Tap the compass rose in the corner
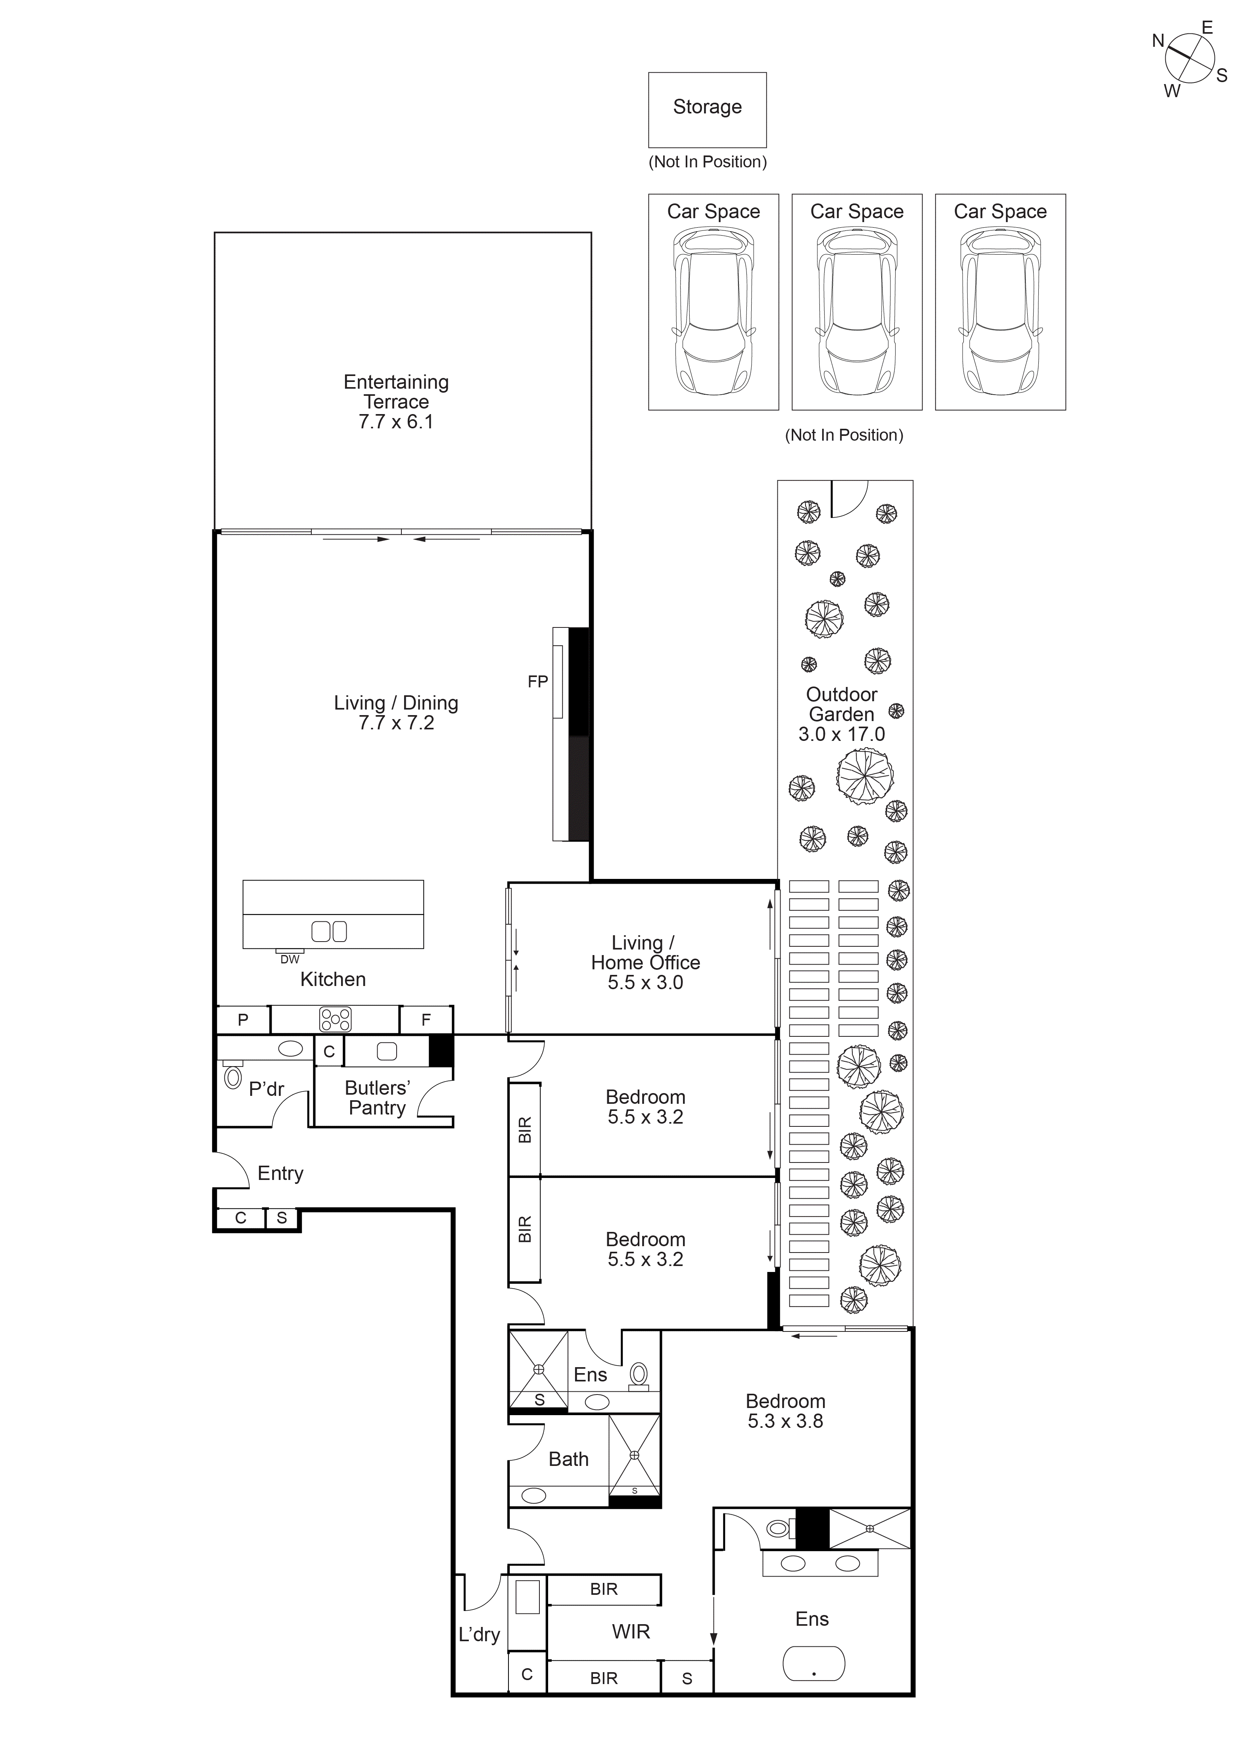click(1190, 59)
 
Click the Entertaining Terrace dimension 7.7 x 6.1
click(396, 422)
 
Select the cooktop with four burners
click(335, 1019)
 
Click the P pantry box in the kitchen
click(243, 1020)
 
